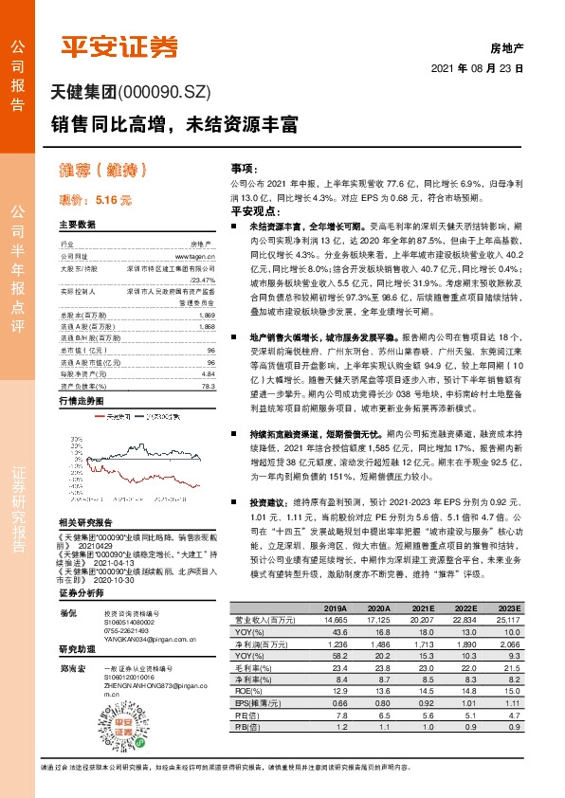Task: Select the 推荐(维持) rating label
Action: [x=104, y=172]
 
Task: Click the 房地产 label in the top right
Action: [x=506, y=45]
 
